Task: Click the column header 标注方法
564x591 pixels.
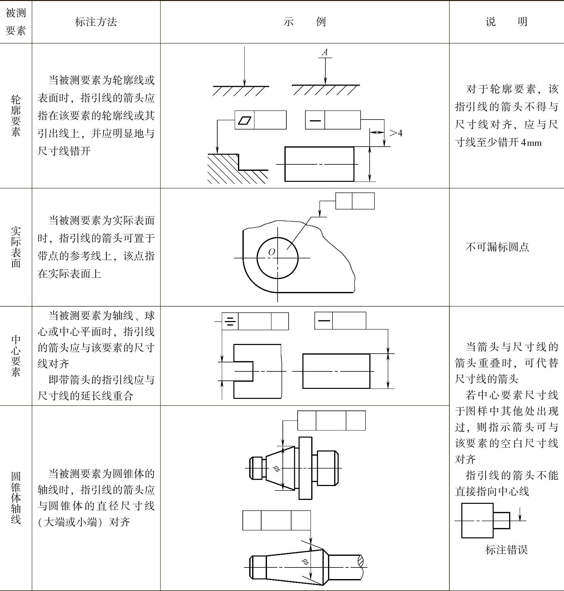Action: point(96,22)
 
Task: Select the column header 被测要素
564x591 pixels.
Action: point(15,22)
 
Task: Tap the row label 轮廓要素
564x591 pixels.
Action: point(15,116)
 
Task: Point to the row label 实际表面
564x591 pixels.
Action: point(15,247)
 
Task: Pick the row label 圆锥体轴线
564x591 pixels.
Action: point(15,498)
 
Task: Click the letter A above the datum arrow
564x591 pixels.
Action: point(325,52)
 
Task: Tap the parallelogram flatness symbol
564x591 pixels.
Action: point(244,120)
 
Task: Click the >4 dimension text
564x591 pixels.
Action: point(396,133)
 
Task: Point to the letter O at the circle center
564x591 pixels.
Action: point(272,252)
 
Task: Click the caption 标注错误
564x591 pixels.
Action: point(506,550)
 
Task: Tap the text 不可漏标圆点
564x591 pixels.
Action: point(497,247)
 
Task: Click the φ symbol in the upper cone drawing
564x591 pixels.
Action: point(276,468)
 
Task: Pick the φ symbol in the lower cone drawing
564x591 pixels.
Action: point(305,562)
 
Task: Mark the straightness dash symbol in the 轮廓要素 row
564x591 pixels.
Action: point(315,120)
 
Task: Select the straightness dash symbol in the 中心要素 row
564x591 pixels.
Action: point(324,321)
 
